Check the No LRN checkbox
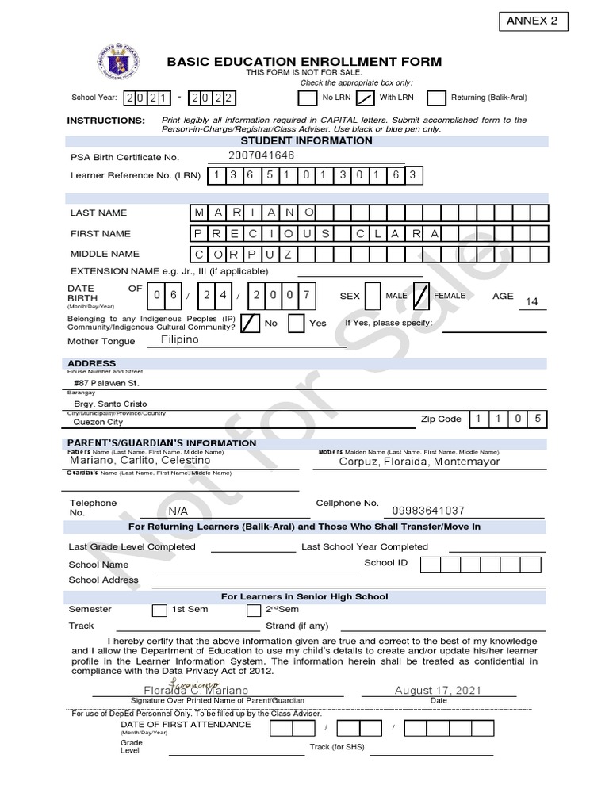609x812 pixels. pyautogui.click(x=307, y=98)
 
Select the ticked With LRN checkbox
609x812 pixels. pyautogui.click(x=365, y=98)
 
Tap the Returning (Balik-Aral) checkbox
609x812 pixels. pyautogui.click(x=436, y=98)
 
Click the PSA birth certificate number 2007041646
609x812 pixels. pyautogui.click(x=261, y=155)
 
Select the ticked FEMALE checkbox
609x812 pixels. pyautogui.click(x=422, y=295)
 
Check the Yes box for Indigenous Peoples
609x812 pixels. pyautogui.click(x=296, y=324)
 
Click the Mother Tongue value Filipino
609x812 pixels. pyautogui.click(x=179, y=339)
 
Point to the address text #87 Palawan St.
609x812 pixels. pyautogui.click(x=107, y=383)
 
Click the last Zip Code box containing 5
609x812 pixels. pyautogui.click(x=538, y=419)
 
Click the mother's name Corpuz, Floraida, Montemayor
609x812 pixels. pyautogui.click(x=419, y=461)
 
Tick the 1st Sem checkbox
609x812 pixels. pyautogui.click(x=159, y=611)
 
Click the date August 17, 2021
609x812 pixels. pyautogui.click(x=438, y=691)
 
